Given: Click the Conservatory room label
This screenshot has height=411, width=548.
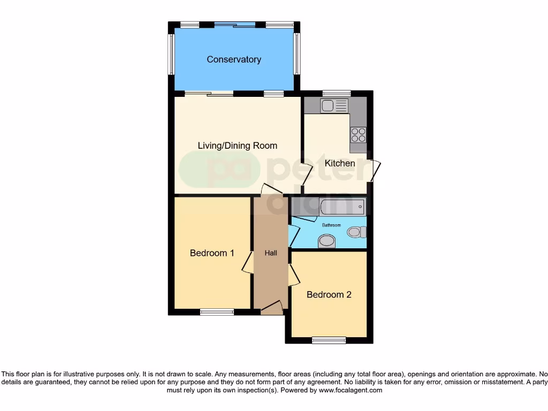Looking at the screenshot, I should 234,59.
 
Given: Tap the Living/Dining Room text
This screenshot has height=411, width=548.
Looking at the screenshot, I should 238,146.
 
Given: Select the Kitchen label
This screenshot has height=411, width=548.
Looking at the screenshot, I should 340,163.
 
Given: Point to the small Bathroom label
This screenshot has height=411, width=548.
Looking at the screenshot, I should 331,225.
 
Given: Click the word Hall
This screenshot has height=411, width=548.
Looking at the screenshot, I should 271,253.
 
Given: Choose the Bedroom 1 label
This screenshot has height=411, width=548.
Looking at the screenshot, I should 212,253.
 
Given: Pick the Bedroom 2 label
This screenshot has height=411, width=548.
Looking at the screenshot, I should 329,294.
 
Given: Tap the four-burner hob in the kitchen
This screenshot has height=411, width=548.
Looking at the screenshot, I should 358,134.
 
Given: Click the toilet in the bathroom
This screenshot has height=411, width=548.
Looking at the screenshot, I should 356,232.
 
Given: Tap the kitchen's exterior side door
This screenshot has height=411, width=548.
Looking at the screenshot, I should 376,170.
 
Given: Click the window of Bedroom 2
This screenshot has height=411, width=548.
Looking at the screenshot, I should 329,340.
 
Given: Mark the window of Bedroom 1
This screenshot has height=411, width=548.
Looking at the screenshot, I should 217,312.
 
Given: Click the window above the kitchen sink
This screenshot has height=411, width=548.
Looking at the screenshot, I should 336,94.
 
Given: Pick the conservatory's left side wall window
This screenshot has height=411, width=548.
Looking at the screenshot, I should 171,55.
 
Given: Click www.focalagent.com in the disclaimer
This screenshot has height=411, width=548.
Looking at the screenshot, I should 351,391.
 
